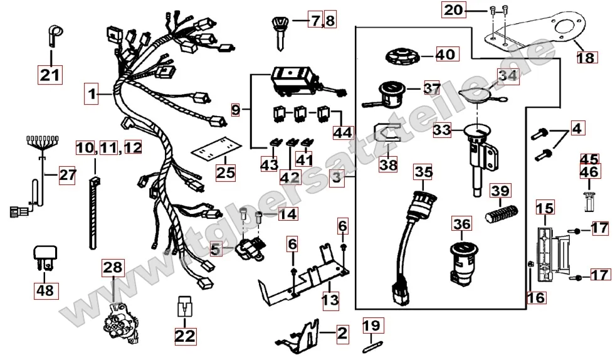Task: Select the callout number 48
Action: tap(45, 291)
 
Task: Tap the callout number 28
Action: tap(113, 268)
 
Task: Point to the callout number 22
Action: tap(185, 336)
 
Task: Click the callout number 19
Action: tap(371, 325)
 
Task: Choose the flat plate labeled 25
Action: tap(216, 149)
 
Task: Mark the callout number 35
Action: tap(424, 171)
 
